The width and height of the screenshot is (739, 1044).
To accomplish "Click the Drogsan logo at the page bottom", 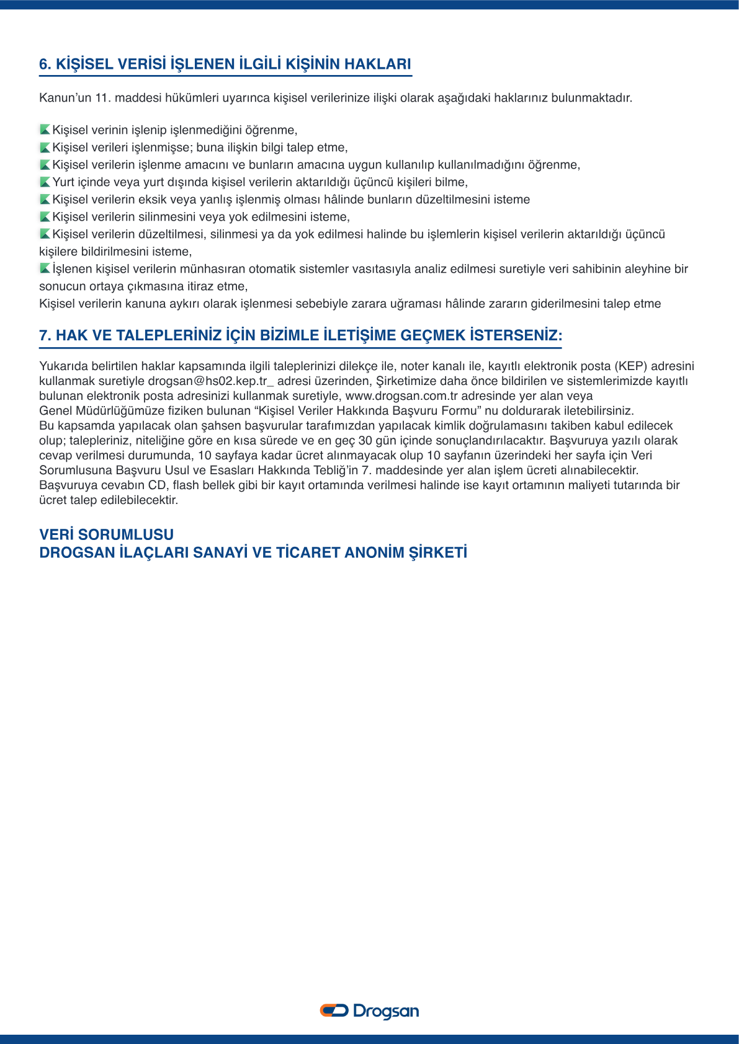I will [x=369, y=1011].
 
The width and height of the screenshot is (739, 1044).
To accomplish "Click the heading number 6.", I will [x=44, y=64].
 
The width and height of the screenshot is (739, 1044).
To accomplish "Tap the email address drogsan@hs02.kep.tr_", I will [x=210, y=381].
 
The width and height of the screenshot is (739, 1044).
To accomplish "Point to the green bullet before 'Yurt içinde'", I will [x=45, y=182].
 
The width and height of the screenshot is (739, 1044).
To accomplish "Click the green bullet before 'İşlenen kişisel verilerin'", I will [x=45, y=268].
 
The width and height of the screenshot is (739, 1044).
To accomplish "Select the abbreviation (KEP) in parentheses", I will [x=631, y=366].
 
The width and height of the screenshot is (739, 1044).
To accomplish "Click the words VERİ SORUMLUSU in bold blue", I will [x=106, y=534].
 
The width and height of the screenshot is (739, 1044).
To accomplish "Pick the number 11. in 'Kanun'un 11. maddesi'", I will [x=103, y=97].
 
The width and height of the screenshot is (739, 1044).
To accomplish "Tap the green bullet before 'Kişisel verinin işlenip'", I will [x=45, y=130].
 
